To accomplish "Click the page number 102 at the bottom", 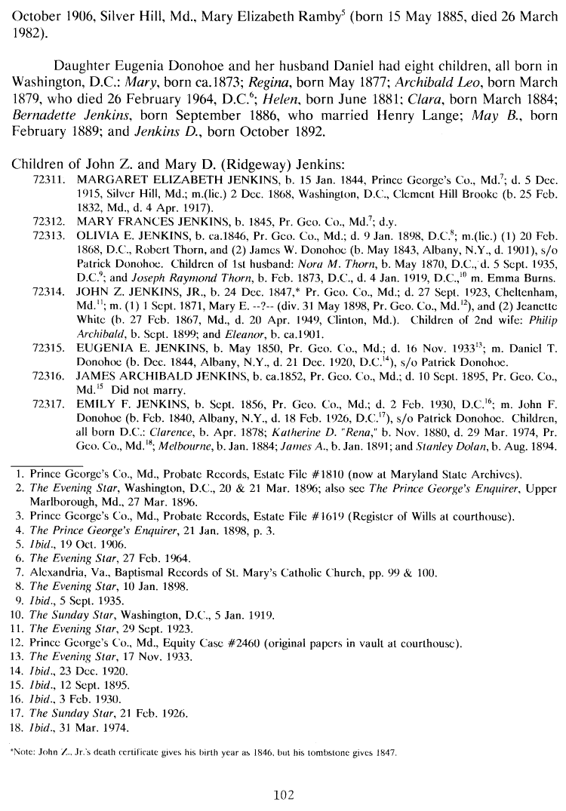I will pyautogui.click(x=283, y=794).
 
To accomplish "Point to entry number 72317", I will pyautogui.click(x=48, y=406).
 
